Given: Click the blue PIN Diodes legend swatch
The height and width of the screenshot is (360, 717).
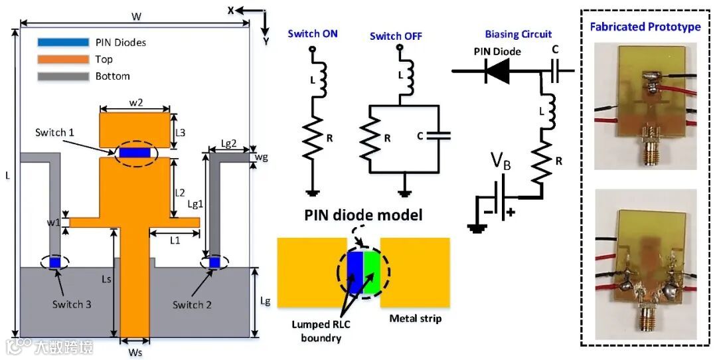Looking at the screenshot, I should tap(63, 43).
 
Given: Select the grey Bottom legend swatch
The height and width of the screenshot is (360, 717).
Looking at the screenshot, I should tap(63, 76).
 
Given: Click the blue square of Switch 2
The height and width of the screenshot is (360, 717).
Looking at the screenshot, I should tap(214, 263).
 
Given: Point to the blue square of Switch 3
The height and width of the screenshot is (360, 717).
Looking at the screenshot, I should tap(55, 263).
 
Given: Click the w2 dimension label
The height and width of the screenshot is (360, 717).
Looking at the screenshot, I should tap(136, 103).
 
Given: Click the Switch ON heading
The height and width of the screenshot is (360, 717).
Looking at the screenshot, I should tap(312, 33).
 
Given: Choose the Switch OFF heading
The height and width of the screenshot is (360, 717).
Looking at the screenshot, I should tap(396, 36).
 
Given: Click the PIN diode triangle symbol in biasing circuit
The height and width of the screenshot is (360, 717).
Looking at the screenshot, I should tap(497, 70).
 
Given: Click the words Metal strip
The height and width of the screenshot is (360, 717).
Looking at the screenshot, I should tap(416, 318).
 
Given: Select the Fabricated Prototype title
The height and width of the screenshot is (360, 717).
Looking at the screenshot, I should tap(645, 27).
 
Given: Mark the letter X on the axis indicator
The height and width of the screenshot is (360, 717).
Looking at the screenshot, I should tap(231, 11).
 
